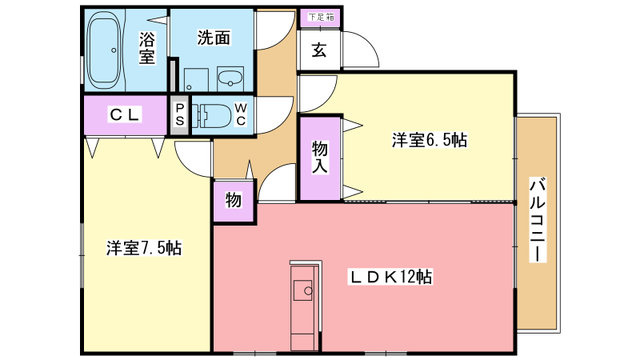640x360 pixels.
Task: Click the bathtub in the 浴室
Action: point(104,50)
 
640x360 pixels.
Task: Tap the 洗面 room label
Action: point(214,38)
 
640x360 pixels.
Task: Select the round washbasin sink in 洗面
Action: point(231,79)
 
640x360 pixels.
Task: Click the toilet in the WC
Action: point(211,115)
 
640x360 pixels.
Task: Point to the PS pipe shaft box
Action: point(180,115)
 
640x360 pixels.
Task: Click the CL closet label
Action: point(125,115)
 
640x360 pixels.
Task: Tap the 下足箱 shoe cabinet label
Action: point(321,17)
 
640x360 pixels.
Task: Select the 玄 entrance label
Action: point(319,50)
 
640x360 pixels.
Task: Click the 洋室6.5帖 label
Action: point(429,140)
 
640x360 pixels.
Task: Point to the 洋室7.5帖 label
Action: point(144,248)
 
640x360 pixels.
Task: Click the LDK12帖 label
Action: point(390,277)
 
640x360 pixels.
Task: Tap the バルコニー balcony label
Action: point(538,220)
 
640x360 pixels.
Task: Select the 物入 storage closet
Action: point(320,158)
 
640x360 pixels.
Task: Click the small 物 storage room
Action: point(233,201)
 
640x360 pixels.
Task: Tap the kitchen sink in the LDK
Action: point(303,291)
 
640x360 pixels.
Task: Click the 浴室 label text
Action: point(147,48)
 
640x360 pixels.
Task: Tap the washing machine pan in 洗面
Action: point(196,80)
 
